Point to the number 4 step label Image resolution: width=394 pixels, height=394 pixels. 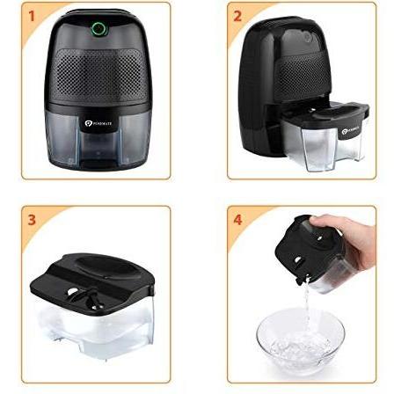(x=236, y=219)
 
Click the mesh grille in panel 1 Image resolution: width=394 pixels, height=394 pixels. (x=98, y=76)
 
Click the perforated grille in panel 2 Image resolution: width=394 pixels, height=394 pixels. (x=268, y=79)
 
